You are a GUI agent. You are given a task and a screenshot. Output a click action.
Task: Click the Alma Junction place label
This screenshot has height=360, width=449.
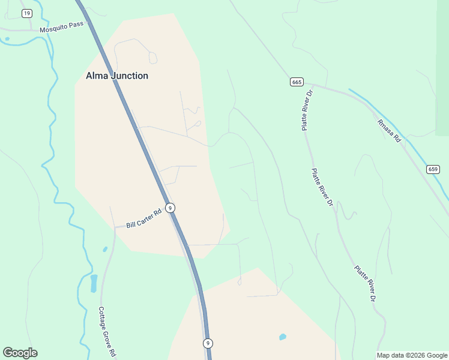click(x=116, y=76)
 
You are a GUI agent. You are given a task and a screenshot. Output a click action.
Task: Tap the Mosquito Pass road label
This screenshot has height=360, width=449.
click(x=62, y=28)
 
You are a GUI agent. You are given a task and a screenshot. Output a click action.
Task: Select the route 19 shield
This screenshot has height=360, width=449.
click(x=26, y=13)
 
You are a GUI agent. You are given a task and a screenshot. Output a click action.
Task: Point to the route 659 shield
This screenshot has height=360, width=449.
click(x=433, y=169)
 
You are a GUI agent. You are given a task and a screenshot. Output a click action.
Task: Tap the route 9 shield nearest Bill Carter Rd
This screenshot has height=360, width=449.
click(x=170, y=208)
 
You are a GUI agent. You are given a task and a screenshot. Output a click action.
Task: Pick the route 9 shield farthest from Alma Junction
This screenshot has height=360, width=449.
click(x=207, y=343)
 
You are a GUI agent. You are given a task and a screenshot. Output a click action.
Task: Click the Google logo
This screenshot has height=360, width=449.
click(x=20, y=353)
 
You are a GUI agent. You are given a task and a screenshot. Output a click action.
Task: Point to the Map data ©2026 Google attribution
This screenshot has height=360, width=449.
click(x=412, y=355)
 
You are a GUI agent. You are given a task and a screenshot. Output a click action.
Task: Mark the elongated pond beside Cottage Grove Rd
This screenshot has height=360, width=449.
click(x=94, y=283)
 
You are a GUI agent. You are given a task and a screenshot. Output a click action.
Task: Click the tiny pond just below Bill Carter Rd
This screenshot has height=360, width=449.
click(x=105, y=249)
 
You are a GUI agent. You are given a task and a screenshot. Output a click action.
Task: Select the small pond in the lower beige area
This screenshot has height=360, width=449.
click(x=283, y=337)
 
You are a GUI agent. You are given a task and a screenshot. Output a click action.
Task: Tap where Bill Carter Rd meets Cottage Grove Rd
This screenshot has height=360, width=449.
click(x=114, y=227)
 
